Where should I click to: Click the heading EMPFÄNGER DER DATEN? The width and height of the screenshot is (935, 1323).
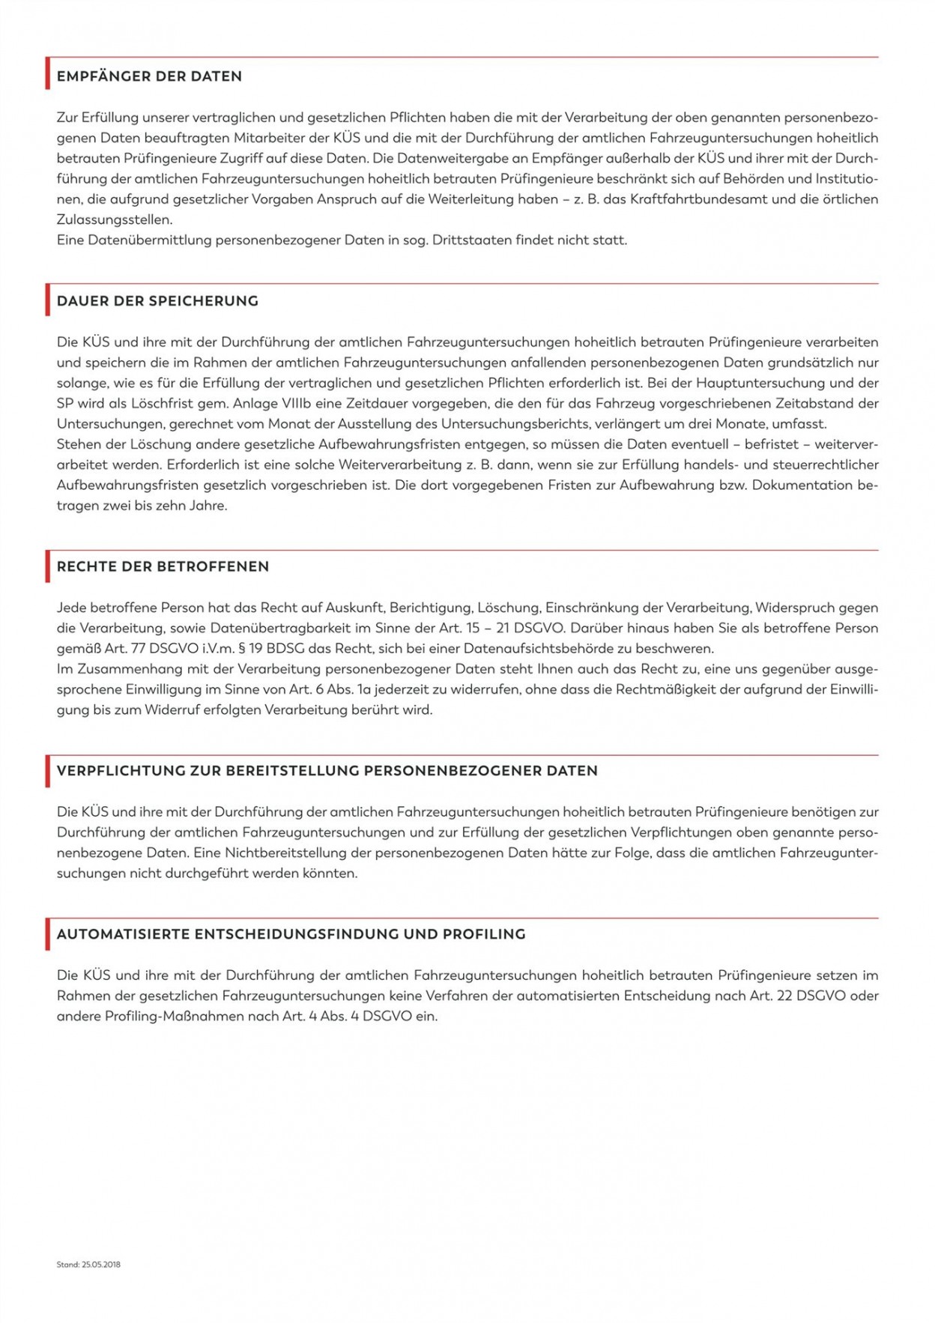click(149, 76)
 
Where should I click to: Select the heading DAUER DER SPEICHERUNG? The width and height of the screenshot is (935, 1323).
click(157, 301)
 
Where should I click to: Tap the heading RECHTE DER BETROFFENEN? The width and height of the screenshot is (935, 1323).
click(163, 567)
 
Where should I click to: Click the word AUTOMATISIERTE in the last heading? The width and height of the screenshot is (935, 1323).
click(123, 934)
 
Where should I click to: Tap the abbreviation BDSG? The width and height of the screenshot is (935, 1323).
click(282, 649)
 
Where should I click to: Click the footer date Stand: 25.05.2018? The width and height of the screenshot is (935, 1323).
click(88, 1265)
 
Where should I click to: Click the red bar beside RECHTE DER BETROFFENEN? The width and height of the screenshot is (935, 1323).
click(48, 566)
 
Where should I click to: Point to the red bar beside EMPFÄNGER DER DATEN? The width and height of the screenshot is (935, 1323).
click(48, 73)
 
